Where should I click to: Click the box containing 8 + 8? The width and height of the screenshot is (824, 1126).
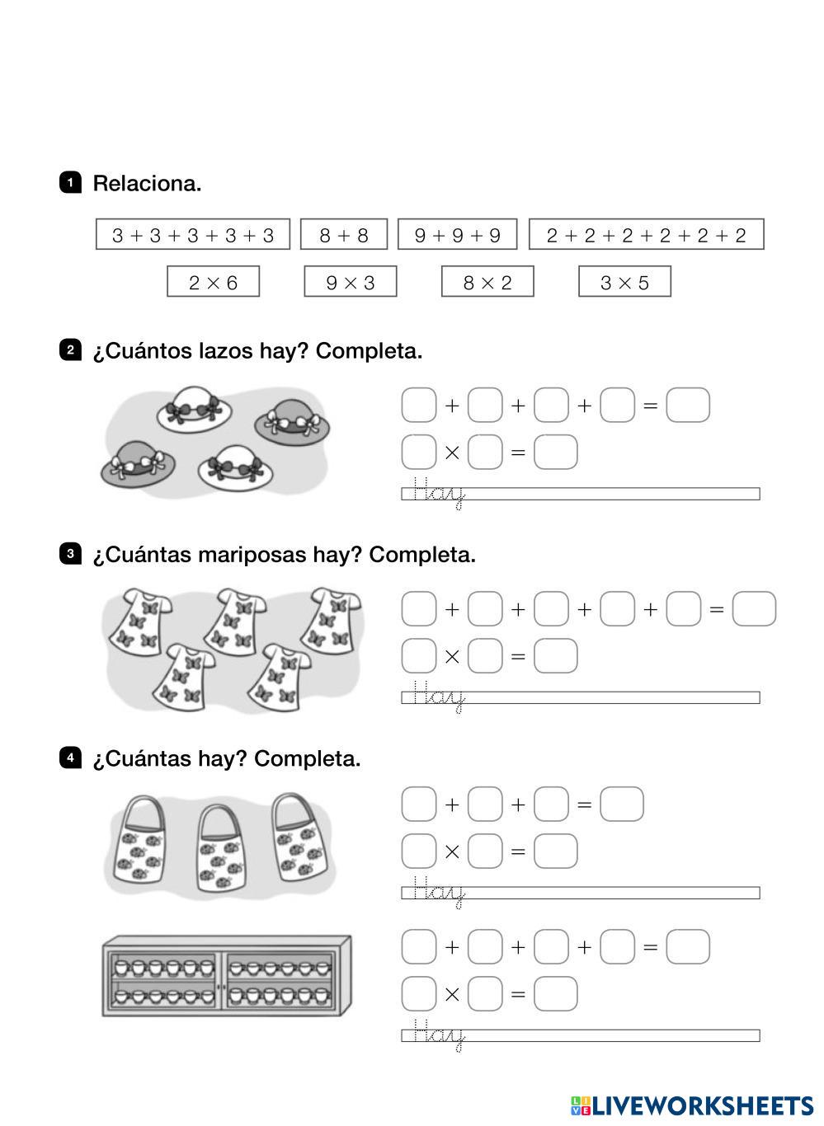coord(343,235)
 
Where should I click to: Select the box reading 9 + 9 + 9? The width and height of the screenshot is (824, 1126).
coord(457,235)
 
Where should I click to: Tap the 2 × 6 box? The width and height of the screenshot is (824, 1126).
coord(213,282)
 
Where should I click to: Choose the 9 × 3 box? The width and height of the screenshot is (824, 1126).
coord(350,282)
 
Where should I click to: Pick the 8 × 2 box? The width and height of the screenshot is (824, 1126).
coord(487,282)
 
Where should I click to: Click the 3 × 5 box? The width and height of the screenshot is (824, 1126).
coord(624,282)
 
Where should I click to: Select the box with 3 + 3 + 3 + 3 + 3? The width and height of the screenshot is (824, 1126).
coord(193,235)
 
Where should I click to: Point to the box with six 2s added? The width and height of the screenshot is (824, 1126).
coord(646,235)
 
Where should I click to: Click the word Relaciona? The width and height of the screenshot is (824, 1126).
coord(147,183)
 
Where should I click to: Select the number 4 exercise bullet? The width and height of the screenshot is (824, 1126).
coord(71,758)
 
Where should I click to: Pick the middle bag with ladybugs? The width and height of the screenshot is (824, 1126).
coord(221,850)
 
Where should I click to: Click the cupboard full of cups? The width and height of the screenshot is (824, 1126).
coord(226,977)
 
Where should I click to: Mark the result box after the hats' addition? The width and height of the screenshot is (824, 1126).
coord(687,406)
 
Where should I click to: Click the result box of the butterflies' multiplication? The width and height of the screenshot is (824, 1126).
coord(555,656)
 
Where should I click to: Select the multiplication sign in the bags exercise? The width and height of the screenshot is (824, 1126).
coord(452,852)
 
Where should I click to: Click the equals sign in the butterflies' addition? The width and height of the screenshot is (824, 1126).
coord(716,610)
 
